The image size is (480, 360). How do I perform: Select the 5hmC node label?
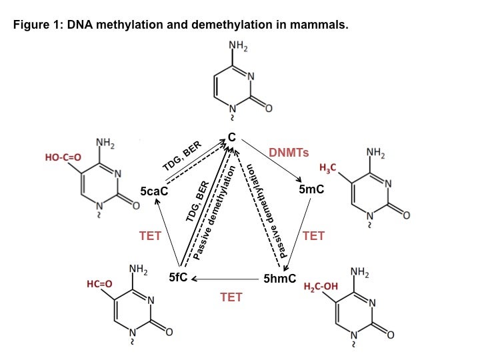pos(279,278)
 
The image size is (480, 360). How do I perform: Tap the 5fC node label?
pos(178,277)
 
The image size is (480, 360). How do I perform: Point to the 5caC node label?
pos(154,191)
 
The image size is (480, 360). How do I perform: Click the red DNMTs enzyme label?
pos(289,153)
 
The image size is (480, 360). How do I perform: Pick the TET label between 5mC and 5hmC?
pos(313,236)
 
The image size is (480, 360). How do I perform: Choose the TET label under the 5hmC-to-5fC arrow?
pos(231,297)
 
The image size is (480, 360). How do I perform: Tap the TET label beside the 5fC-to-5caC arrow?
pos(150,235)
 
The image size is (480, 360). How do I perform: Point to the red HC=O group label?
pos(99,285)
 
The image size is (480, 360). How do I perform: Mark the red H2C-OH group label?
pos(321,287)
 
